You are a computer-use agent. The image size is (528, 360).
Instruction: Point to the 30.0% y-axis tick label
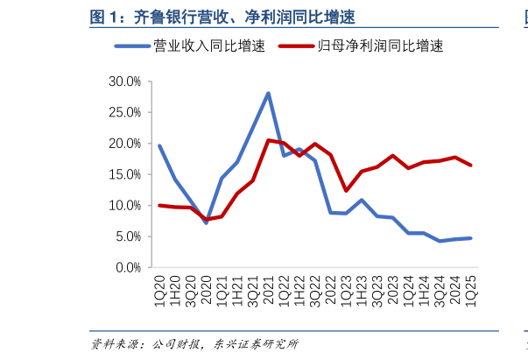tap(124, 81)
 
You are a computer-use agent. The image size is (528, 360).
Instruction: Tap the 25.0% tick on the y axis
tap(124, 112)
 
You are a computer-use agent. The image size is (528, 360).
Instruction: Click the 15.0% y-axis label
tap(124, 174)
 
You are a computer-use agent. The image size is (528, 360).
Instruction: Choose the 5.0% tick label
tap(127, 236)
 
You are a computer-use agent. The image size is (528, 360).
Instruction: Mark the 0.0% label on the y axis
tap(127, 267)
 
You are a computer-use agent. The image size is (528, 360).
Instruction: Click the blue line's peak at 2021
tap(268, 93)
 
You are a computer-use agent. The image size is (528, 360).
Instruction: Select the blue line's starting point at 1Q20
tap(158, 145)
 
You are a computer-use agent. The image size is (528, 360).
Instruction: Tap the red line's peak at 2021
tap(268, 140)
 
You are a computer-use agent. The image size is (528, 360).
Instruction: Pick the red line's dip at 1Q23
tap(347, 190)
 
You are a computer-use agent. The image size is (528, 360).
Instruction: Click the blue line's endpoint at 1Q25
tap(472, 238)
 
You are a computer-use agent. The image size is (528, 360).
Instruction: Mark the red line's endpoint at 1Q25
tap(472, 165)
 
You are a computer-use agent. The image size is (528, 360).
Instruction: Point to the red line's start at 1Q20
tap(158, 205)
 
